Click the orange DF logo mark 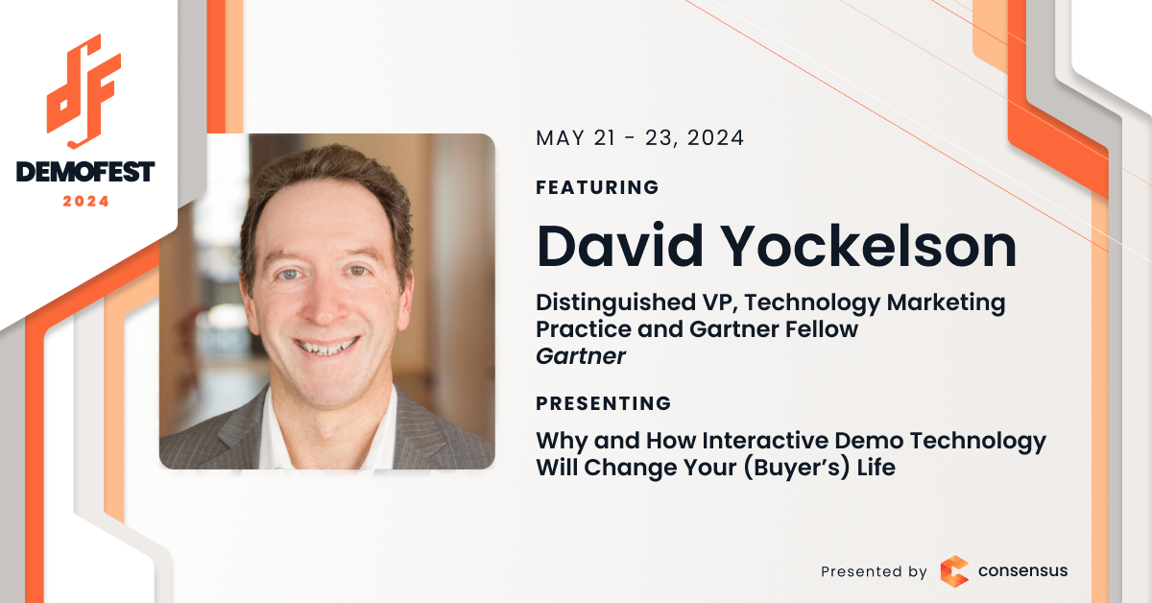pyautogui.click(x=84, y=92)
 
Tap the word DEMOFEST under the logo pyautogui.click(x=85, y=172)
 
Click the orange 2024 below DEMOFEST pyautogui.click(x=85, y=202)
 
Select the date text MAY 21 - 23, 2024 pyautogui.click(x=639, y=138)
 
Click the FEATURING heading pyautogui.click(x=597, y=187)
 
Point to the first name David pyautogui.click(x=619, y=246)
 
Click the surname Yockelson pyautogui.click(x=870, y=246)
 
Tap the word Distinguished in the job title pyautogui.click(x=616, y=303)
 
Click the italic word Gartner pyautogui.click(x=581, y=356)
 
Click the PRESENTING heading pyautogui.click(x=604, y=403)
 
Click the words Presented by pyautogui.click(x=874, y=571)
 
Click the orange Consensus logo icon pyautogui.click(x=954, y=571)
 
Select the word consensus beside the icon pyautogui.click(x=1023, y=571)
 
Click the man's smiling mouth pyautogui.click(x=325, y=346)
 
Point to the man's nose pyautogui.click(x=324, y=303)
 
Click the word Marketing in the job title pyautogui.click(x=946, y=303)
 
